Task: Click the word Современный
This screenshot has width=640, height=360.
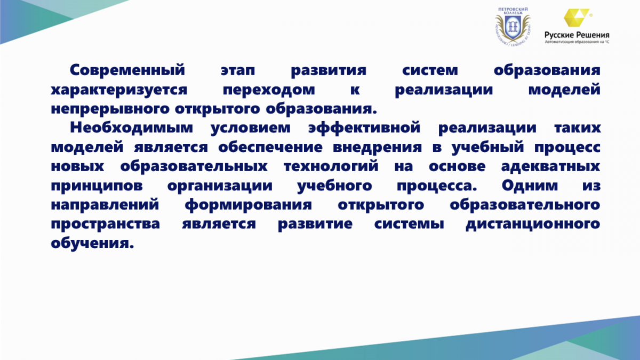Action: point(127,70)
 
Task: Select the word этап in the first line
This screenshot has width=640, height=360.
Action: point(238,71)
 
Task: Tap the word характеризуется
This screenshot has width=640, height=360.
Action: point(119,90)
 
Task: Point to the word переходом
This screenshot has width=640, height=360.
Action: point(269,90)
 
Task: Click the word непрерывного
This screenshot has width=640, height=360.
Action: point(110,109)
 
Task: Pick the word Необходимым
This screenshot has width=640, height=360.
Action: point(131,127)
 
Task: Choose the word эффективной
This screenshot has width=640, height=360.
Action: point(364,127)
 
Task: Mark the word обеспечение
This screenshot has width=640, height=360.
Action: point(270,147)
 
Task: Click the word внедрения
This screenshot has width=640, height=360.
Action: point(377,148)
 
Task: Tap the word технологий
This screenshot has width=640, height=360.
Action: point(331,166)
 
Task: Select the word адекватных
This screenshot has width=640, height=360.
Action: point(550,166)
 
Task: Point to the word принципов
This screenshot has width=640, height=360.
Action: point(97,186)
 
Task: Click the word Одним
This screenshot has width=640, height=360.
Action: point(530,186)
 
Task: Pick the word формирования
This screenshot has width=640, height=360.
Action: point(248,205)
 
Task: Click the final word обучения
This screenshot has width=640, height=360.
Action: point(92,243)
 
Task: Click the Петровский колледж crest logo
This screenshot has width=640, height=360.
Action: point(513,26)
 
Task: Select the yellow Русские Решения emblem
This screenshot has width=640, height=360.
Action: point(577,18)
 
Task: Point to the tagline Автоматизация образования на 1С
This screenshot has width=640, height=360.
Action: point(577,42)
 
